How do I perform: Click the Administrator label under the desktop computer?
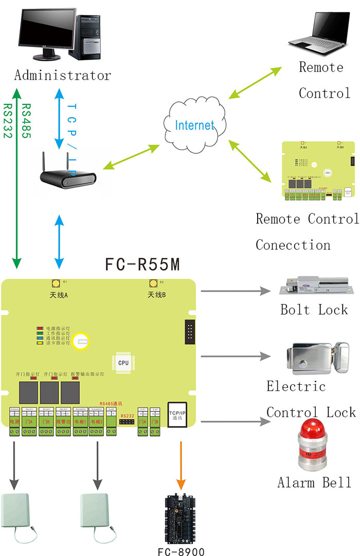62,76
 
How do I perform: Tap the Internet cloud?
194,124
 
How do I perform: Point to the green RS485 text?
26,121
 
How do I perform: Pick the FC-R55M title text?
142,265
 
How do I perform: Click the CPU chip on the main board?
123,362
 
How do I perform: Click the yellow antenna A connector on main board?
55,283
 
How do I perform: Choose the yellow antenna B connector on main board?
153,283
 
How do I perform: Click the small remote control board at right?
318,170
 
